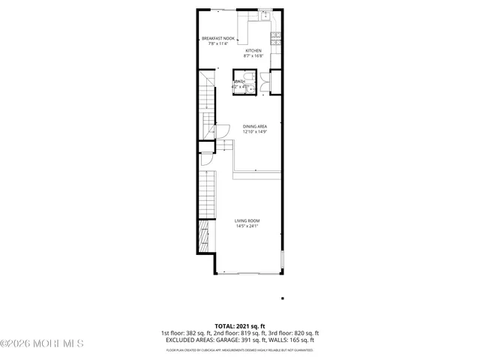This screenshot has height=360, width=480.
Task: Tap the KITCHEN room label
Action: pyautogui.click(x=253, y=51)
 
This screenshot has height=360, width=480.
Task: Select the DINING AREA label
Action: pyautogui.click(x=255, y=127)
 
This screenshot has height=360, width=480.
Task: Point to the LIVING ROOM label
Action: pyautogui.click(x=247, y=220)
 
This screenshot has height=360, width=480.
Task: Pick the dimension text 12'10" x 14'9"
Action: pyautogui.click(x=255, y=132)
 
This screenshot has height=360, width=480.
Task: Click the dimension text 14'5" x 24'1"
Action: pyautogui.click(x=247, y=226)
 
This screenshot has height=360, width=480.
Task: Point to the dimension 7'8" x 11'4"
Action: pyautogui.click(x=218, y=43)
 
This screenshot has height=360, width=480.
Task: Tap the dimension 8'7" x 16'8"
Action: pyautogui.click(x=253, y=56)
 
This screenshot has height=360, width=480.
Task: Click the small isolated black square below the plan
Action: pyautogui.click(x=282, y=298)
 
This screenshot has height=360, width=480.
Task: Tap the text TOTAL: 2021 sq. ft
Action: pyautogui.click(x=240, y=326)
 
